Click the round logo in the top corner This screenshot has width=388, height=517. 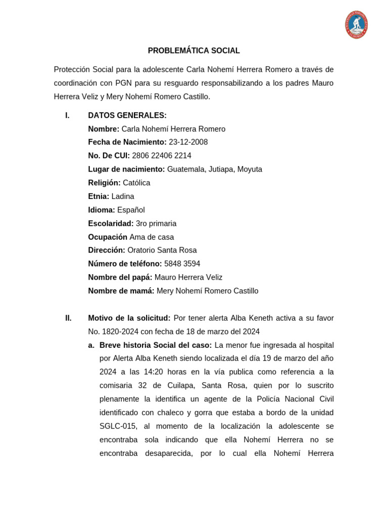coord(357,25)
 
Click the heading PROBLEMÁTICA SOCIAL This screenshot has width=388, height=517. coord(193,51)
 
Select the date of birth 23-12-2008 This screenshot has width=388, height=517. coord(188,142)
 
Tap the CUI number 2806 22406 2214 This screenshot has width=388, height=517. coord(162,156)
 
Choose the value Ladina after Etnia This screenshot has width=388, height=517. coord(123,196)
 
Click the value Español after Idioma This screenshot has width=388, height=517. coord(131,210)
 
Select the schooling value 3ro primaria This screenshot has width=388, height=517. coord(156,224)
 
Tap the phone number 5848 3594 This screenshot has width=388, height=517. coord(182,264)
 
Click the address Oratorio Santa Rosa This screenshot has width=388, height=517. coord(162,250)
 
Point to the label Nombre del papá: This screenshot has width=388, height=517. coord(120,278)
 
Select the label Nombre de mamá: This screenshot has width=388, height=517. coord(121,291)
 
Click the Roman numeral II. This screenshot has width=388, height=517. coord(68,318)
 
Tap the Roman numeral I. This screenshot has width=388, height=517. coord(67,116)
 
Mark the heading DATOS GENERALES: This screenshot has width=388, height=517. coord(127,116)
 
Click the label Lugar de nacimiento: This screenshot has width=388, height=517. coord(126,170)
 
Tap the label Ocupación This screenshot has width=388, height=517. coord(108,237)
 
